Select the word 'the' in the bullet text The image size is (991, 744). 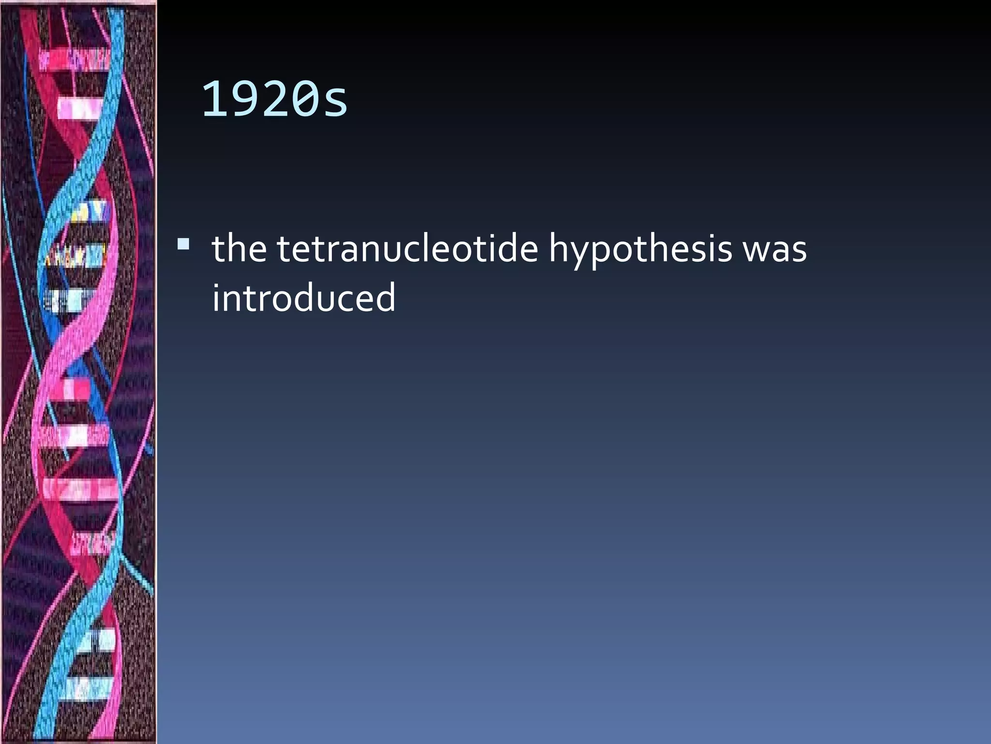click(239, 248)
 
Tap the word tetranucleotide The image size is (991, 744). click(407, 248)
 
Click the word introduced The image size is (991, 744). click(304, 297)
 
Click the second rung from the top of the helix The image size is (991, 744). click(80, 108)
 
